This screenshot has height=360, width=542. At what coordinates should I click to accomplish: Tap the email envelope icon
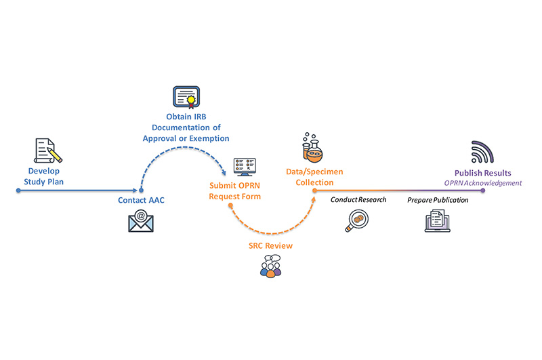141,220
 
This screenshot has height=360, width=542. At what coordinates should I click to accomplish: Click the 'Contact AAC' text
140,201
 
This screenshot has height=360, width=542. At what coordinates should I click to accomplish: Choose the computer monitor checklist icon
245,167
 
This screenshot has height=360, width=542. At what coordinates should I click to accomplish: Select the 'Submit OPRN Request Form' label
234,191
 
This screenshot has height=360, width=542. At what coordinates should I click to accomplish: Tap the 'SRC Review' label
270,245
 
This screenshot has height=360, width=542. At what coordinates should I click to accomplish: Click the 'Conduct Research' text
358,200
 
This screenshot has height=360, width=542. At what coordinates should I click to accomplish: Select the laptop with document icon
437,221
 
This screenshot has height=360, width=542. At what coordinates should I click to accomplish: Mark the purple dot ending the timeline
483,191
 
